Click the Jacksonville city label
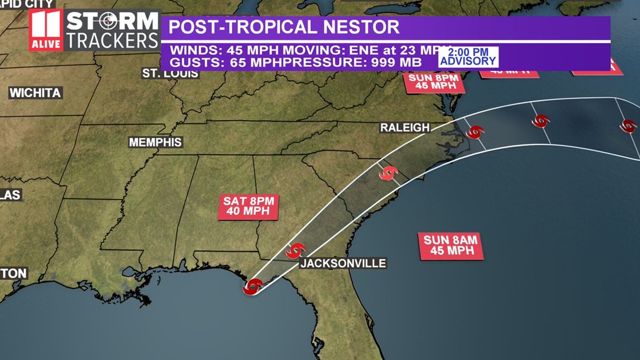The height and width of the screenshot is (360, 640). pyautogui.click(x=342, y=263)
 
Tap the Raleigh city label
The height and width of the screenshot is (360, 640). pyautogui.click(x=405, y=127)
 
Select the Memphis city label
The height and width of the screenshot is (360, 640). pyautogui.click(x=156, y=142)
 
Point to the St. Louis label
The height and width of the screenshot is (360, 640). pyautogui.click(x=170, y=74)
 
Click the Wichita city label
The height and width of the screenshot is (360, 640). pyautogui.click(x=35, y=93)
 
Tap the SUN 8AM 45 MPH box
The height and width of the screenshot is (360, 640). pyautogui.click(x=450, y=245)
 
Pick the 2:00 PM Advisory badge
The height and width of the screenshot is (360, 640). pyautogui.click(x=468, y=57)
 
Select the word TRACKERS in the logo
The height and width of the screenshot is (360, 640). pyautogui.click(x=113, y=40)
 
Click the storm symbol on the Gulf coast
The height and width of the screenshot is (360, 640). pyautogui.click(x=253, y=286)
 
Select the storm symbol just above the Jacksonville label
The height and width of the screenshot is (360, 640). pyautogui.click(x=295, y=250)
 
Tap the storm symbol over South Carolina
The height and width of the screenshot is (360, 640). pyautogui.click(x=388, y=173)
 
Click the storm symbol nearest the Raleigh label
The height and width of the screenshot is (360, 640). pyautogui.click(x=475, y=133)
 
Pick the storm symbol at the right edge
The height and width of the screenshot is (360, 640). pyautogui.click(x=628, y=126)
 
